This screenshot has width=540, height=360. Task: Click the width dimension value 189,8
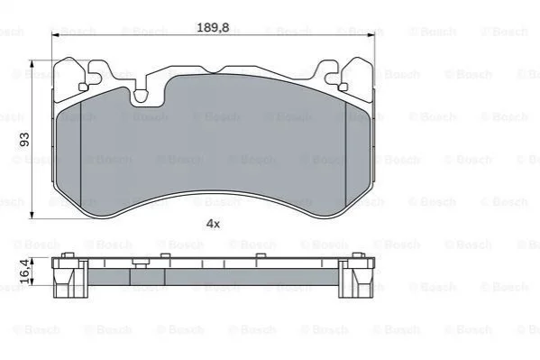tap(213, 27)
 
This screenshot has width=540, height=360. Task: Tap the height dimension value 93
tap(25, 139)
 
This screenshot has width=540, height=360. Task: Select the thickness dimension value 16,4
tap(25, 272)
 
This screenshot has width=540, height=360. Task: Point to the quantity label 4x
tap(213, 224)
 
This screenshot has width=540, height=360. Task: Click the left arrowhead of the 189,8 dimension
tap(55, 35)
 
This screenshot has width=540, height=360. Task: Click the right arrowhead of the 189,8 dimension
tap(371, 35)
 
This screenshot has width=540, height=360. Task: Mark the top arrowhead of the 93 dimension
tap(32, 64)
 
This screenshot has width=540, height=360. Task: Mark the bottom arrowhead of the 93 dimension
tap(32, 215)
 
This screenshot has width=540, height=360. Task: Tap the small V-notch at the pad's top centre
tap(214, 71)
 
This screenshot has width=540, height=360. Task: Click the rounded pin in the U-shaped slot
tap(141, 97)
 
